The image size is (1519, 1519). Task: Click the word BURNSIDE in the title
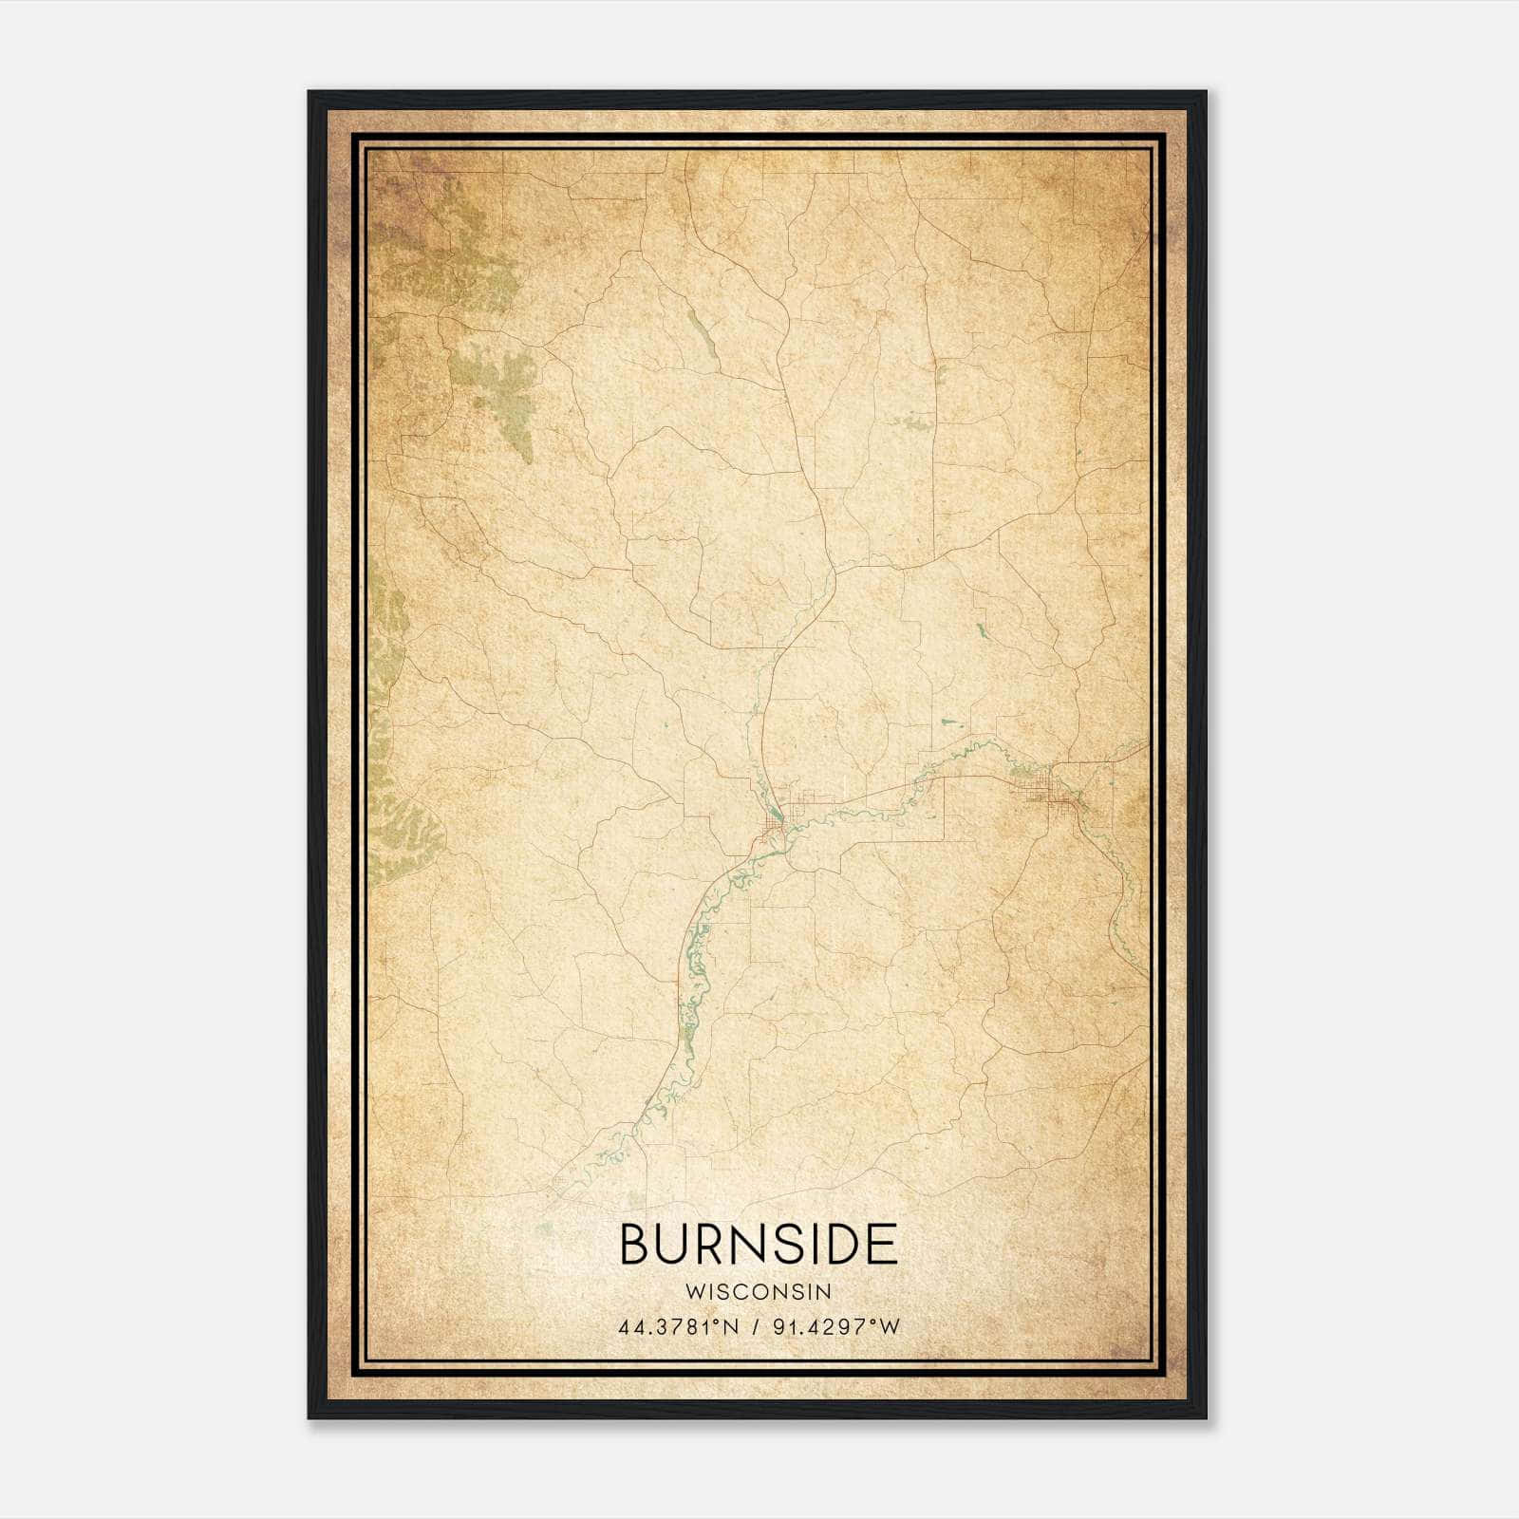point(759,1245)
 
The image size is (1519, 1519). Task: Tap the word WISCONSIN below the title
point(759,1292)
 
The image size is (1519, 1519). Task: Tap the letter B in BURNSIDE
point(634,1245)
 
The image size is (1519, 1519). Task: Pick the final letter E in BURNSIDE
point(883,1245)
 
